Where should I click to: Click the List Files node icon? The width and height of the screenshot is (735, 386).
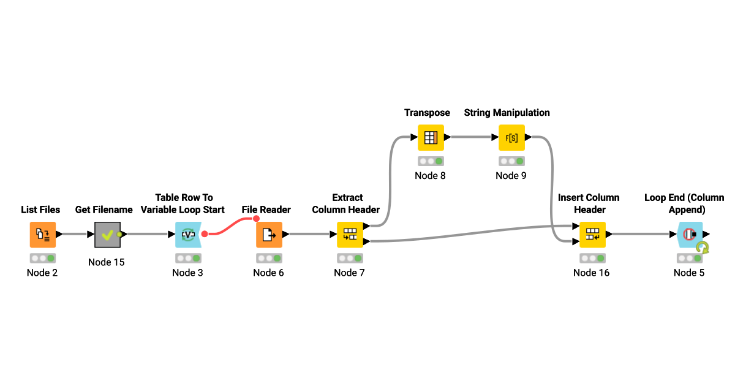click(x=42, y=234)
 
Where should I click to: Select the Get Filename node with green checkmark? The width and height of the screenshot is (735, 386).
click(x=107, y=234)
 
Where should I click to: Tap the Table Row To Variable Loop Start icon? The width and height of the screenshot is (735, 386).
click(x=187, y=234)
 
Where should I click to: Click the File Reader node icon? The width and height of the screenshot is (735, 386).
click(x=268, y=234)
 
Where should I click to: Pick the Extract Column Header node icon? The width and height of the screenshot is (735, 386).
click(x=349, y=234)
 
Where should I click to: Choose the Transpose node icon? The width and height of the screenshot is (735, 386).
click(x=431, y=137)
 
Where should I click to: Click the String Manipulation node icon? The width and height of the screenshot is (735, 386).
click(x=511, y=137)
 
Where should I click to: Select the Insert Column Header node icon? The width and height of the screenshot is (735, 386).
click(x=592, y=234)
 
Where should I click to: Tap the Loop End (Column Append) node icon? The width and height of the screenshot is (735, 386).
click(x=689, y=234)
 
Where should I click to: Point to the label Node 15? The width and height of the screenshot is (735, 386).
click(x=107, y=262)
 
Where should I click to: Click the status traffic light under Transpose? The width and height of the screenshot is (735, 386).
click(x=431, y=161)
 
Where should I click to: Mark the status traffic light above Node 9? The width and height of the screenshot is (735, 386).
click(x=511, y=161)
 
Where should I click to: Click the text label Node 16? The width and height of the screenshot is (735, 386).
click(x=592, y=273)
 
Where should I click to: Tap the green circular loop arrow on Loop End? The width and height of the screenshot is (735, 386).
click(x=703, y=248)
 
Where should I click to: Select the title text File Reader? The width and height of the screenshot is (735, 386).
click(x=266, y=210)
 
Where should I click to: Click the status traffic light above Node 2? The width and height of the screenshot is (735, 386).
click(x=42, y=258)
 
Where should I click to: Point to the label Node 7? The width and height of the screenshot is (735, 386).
click(x=349, y=273)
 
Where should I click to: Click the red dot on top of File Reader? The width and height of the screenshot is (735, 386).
click(x=257, y=219)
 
